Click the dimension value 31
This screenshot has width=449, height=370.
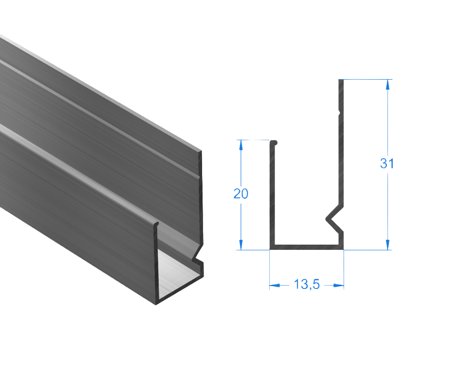(387, 164)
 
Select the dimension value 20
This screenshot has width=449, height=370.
(240, 194)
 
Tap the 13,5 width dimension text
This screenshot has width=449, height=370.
(306, 285)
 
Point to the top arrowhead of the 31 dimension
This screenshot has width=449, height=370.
(388, 84)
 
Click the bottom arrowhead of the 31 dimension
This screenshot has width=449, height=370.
(388, 244)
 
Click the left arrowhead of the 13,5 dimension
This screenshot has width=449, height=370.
(275, 286)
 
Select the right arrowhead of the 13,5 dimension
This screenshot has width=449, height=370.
(338, 286)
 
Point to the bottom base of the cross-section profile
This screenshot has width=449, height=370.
(306, 247)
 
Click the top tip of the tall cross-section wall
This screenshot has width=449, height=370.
(341, 81)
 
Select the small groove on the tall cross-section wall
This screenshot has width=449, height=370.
(339, 113)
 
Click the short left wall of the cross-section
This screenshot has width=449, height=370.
(272, 195)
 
